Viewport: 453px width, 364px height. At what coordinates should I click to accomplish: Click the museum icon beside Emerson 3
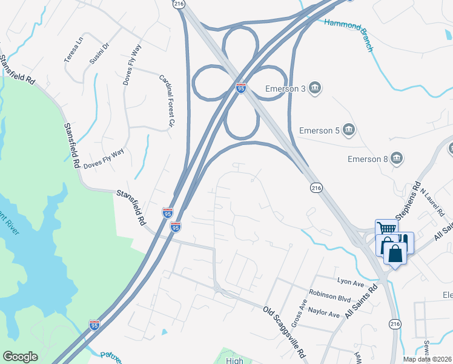pos(315,89)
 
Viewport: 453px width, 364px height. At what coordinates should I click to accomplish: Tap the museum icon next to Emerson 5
pos(349,130)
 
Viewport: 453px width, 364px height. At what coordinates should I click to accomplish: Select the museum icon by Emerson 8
pos(397,159)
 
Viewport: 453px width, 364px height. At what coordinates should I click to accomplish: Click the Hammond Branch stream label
pos(348,35)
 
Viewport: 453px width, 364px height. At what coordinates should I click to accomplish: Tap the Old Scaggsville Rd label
pos(285,331)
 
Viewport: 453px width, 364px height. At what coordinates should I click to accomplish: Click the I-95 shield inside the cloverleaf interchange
pos(241,89)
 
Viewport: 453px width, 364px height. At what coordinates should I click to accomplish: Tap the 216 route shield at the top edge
pos(177,4)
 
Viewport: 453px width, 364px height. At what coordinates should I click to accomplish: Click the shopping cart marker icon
pos(385,228)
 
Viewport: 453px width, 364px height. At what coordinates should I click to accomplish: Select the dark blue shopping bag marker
pos(395,252)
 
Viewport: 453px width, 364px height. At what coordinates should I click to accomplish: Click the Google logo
pos(20,357)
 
